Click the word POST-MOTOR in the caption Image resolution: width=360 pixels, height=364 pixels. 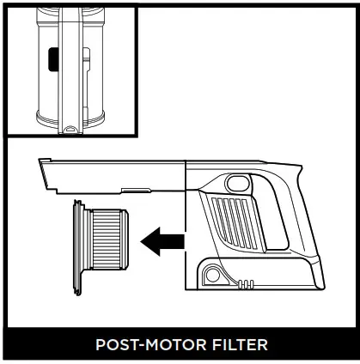[149, 345]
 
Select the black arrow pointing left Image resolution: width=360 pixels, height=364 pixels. [162, 241]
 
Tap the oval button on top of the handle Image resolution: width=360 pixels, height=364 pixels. [235, 181]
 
